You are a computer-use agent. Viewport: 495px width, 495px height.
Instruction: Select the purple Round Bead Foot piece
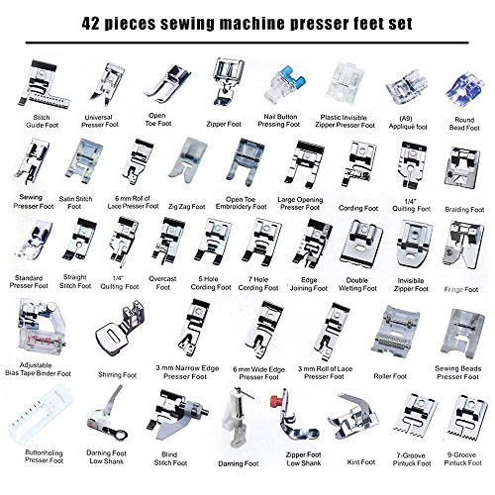458,74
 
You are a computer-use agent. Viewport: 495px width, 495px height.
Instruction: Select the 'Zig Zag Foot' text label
186,206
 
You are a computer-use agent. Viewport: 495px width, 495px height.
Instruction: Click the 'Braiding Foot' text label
461,210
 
